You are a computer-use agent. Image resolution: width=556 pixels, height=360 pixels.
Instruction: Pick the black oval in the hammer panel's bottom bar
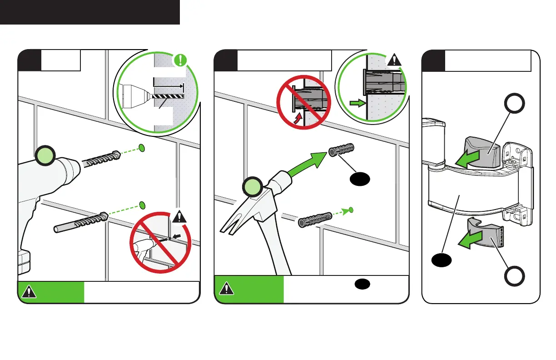pos(362,284)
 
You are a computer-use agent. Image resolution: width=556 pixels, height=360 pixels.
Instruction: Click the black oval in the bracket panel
pos(441,260)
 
